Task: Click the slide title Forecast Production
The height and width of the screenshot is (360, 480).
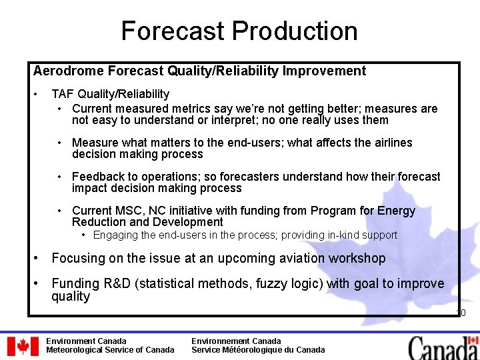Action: click(x=239, y=31)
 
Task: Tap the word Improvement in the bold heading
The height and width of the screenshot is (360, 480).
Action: click(x=327, y=71)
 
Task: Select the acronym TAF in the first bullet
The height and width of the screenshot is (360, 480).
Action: click(x=63, y=94)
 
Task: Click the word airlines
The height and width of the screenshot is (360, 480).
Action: click(x=390, y=143)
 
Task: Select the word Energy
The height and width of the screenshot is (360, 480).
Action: click(x=396, y=211)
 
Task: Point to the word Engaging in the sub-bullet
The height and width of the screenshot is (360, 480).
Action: click(x=115, y=235)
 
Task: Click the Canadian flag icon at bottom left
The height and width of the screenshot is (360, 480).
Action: click(x=23, y=346)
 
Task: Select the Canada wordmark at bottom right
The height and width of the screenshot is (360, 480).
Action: click(x=443, y=347)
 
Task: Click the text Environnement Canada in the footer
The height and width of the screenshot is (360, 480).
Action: click(x=236, y=341)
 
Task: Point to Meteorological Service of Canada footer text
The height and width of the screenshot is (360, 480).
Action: click(x=110, y=350)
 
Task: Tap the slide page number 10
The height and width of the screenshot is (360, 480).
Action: click(x=460, y=313)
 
